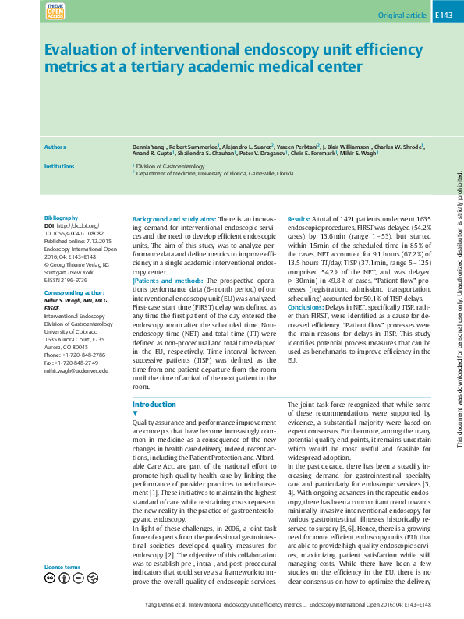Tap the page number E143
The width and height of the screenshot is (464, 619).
[x=444, y=15]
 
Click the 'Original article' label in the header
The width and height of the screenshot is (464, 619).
[x=402, y=15]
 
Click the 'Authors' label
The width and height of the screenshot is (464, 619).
[x=55, y=147]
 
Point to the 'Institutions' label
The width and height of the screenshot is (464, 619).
[x=59, y=166]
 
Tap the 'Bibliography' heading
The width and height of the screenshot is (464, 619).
[x=62, y=218]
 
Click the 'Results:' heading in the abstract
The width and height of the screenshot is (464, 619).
[x=302, y=218]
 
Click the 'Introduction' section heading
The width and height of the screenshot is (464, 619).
[x=154, y=405]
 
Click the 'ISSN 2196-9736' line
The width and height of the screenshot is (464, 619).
[x=66, y=278]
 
